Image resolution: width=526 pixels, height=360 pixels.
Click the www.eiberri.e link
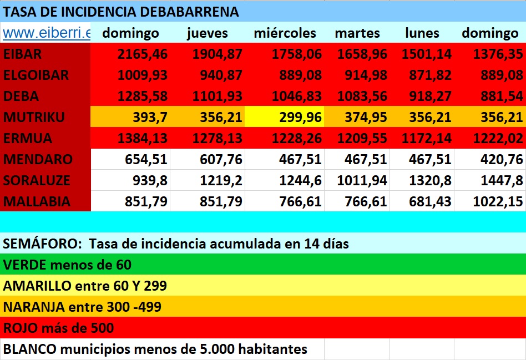[46, 33]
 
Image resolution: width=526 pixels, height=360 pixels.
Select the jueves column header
[208, 33]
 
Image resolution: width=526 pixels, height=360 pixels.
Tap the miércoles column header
[285, 33]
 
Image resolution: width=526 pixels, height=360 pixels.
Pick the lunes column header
[422, 33]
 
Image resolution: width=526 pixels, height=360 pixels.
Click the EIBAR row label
[23, 54]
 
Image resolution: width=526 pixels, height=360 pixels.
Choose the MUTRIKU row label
[34, 117]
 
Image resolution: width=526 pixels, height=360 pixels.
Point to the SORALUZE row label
[37, 180]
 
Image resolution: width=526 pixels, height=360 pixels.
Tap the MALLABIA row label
[37, 201]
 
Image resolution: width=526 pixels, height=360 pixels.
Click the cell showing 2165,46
[143, 54]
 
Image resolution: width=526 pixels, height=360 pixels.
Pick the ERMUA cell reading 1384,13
[143, 138]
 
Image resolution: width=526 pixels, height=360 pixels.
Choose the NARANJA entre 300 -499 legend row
[82, 307]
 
